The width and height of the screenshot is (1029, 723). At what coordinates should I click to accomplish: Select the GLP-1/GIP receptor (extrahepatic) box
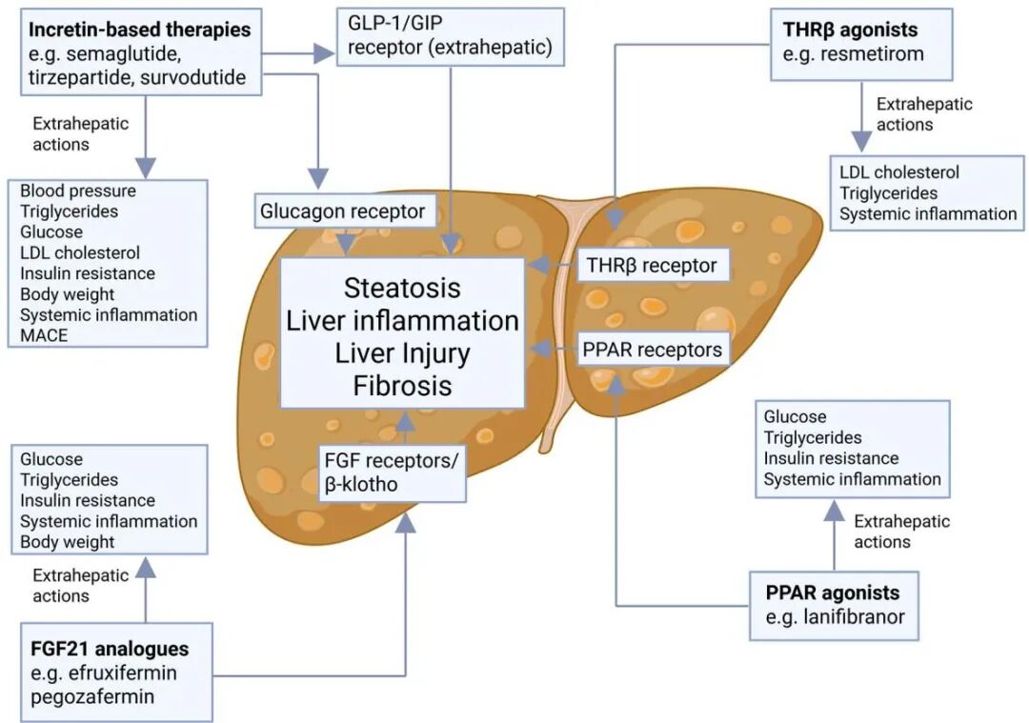pyautogui.click(x=451, y=36)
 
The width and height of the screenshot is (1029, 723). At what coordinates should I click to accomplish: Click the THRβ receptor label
pyautogui.click(x=654, y=264)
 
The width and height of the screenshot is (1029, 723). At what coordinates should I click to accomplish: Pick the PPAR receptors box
pyautogui.click(x=653, y=350)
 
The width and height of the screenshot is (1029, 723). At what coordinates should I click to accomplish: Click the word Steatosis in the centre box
pyautogui.click(x=402, y=287)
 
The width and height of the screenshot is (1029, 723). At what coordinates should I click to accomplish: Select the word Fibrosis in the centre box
pyautogui.click(x=402, y=386)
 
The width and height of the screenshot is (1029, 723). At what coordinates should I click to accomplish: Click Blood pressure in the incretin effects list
pyautogui.click(x=78, y=191)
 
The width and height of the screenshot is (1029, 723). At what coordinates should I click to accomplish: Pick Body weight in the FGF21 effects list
pyautogui.click(x=67, y=542)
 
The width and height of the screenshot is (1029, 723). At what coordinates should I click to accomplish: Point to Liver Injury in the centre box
pyautogui.click(x=402, y=352)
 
